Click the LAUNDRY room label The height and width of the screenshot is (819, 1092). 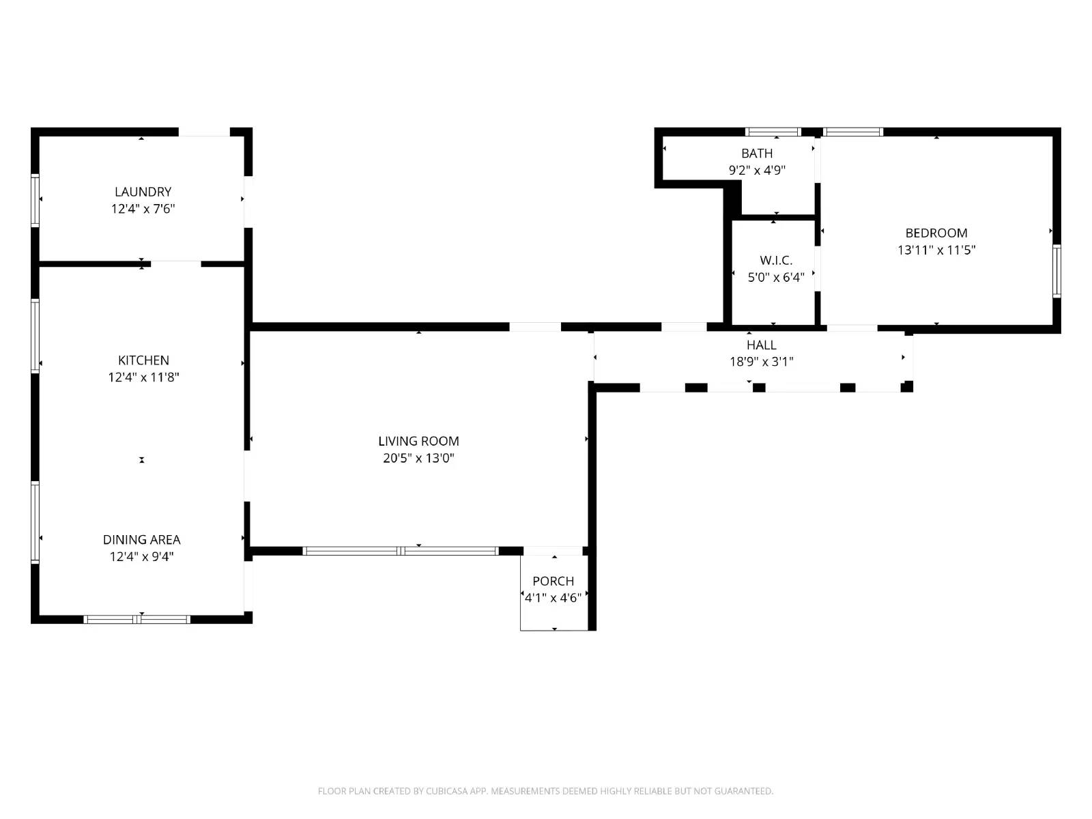(143, 192)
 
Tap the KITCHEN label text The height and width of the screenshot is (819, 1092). (143, 360)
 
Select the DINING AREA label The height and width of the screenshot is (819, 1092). (142, 540)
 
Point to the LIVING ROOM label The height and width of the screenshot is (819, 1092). (418, 442)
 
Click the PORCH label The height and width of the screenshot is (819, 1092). (554, 581)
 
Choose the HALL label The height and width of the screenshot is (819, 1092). (761, 345)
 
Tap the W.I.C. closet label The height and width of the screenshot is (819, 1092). (776, 261)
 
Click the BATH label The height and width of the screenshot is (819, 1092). (757, 154)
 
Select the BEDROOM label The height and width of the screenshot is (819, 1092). (936, 233)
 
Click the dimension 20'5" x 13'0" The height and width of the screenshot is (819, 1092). (418, 459)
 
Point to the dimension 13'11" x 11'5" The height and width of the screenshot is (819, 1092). (936, 250)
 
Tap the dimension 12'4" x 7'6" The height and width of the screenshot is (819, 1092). (143, 209)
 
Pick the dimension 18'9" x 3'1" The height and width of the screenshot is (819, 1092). (761, 362)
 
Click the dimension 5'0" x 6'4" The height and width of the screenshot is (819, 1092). (776, 278)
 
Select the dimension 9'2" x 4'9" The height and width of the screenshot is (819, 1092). (757, 171)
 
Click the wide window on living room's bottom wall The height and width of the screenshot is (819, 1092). (401, 551)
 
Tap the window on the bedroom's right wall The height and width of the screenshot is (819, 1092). (1057, 271)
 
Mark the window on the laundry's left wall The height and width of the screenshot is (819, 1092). (35, 201)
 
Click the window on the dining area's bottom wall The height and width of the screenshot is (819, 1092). (136, 619)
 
